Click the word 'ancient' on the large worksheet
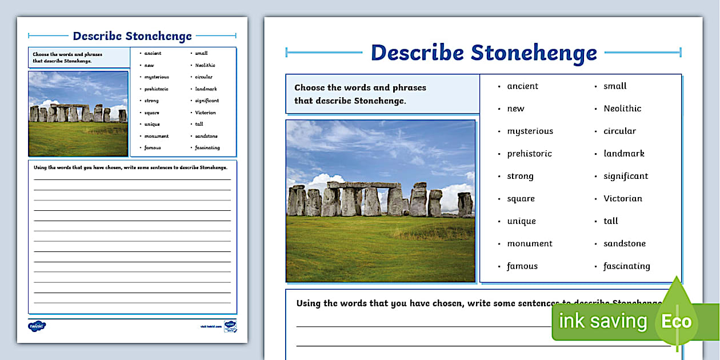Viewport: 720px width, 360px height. tap(522, 86)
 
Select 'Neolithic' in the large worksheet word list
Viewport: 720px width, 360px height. tap(622, 109)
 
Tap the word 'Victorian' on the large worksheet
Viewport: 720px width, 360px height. tap(623, 199)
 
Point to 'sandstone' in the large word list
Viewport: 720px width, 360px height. tap(625, 243)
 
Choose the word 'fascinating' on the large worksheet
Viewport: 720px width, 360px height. tap(627, 266)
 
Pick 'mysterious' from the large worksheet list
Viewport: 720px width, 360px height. tap(530, 131)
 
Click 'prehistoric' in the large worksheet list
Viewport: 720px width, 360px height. tap(529, 154)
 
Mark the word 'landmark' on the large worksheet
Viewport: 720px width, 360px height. tap(624, 154)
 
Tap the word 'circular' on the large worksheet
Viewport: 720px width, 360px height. tap(619, 131)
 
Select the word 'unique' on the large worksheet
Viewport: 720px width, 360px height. tap(521, 221)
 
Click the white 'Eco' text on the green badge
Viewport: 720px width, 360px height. tap(677, 321)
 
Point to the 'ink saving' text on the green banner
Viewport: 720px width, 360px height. tap(602, 321)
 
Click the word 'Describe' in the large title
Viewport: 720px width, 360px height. tap(417, 53)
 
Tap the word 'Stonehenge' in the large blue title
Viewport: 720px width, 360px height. tap(534, 53)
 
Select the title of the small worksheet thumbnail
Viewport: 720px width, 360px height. tap(132, 36)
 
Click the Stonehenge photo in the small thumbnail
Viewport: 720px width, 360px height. tap(78, 113)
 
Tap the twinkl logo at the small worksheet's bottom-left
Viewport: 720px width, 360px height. tap(37, 326)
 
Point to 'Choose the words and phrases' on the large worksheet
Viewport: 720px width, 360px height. tap(360, 87)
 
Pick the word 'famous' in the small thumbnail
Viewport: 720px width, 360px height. tap(153, 148)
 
